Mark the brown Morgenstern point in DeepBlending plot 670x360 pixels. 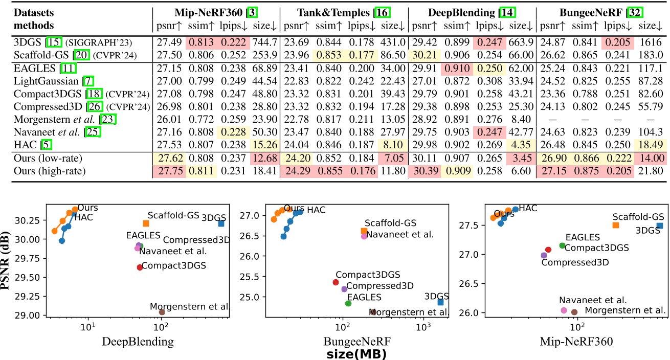click(x=162, y=312)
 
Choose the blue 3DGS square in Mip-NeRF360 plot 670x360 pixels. click(x=660, y=226)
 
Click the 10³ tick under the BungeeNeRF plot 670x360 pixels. click(x=423, y=325)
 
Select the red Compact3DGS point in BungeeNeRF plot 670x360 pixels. click(x=336, y=282)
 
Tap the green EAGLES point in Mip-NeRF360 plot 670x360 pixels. click(x=562, y=245)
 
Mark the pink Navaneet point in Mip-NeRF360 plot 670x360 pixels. click(x=564, y=310)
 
